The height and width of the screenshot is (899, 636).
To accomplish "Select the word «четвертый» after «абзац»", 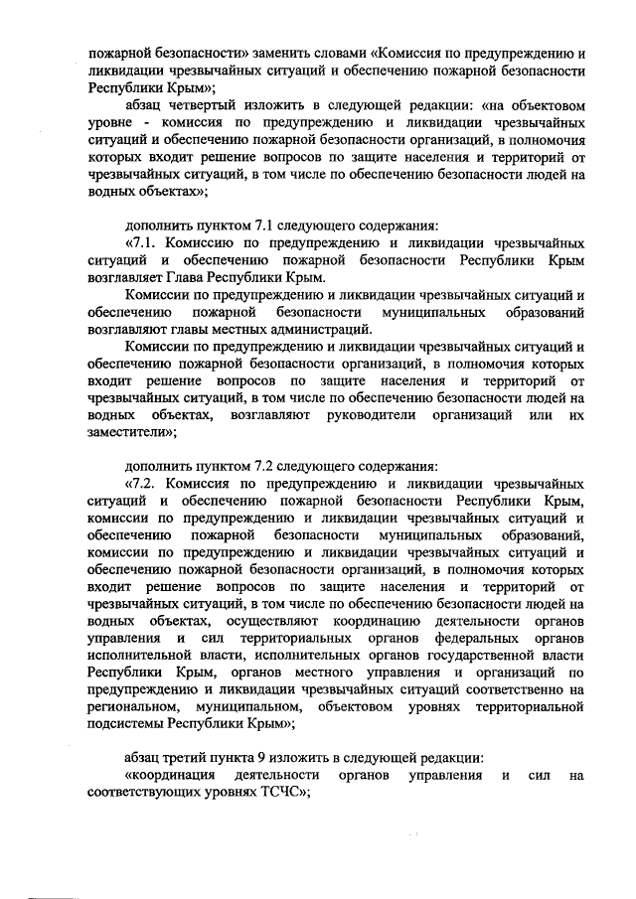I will click(x=202, y=104).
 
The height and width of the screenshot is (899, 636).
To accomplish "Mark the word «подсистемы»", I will click(x=126, y=722).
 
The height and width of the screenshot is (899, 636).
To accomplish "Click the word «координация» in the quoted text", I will click(x=167, y=774).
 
